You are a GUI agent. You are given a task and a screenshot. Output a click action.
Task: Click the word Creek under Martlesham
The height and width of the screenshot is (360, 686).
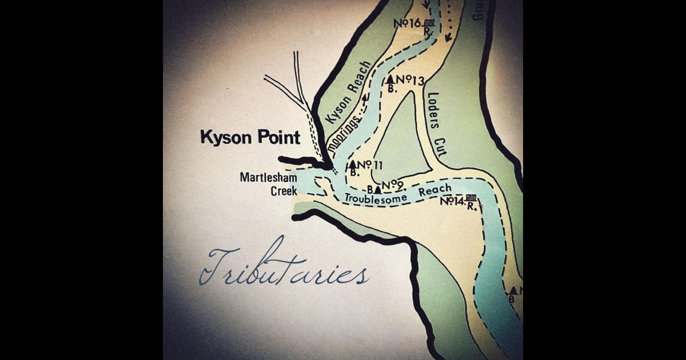pyautogui.click(x=284, y=191)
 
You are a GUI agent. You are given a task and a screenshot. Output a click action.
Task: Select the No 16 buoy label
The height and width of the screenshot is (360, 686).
pyautogui.click(x=409, y=23)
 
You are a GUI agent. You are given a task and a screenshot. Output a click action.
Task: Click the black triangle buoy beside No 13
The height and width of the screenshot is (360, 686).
pyautogui.click(x=391, y=79)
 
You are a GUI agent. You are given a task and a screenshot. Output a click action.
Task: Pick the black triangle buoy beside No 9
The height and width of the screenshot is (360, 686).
pyautogui.click(x=378, y=188)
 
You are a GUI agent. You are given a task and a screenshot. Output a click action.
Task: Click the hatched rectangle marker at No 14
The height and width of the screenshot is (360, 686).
pyautogui.click(x=471, y=198)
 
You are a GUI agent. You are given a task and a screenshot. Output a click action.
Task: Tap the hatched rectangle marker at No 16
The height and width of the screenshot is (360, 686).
pyautogui.click(x=430, y=23)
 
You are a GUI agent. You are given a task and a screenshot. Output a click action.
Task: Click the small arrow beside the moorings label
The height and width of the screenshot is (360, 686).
pyautogui.click(x=364, y=98)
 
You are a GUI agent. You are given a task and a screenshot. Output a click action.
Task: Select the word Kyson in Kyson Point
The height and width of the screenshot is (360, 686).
pyautogui.click(x=222, y=138)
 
